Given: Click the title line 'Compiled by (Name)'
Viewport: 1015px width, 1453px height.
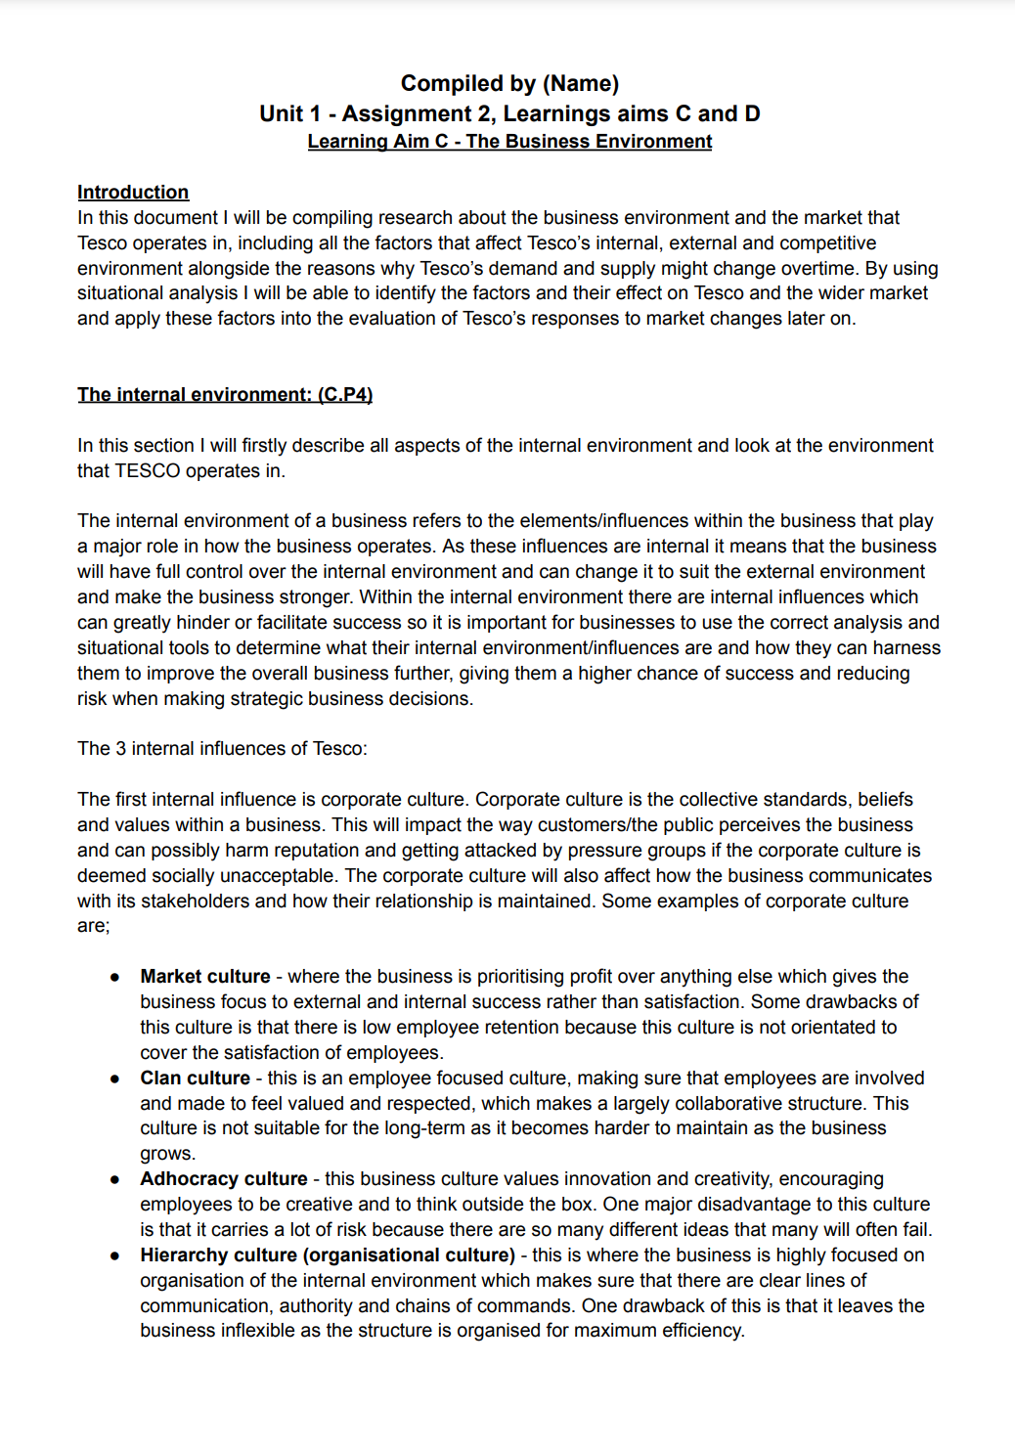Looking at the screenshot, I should [x=509, y=84].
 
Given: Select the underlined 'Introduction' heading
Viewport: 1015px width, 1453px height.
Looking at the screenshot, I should [x=133, y=193].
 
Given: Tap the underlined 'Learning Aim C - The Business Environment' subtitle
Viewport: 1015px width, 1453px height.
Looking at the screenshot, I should [x=509, y=142].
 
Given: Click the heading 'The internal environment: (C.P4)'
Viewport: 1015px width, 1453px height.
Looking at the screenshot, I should [x=225, y=395].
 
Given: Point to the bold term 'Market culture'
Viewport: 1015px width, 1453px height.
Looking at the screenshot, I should [x=205, y=977].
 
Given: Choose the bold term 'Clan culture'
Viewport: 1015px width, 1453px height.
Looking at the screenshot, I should [x=196, y=1079].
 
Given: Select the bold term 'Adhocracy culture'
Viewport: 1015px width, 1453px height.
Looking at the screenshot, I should [x=224, y=1179].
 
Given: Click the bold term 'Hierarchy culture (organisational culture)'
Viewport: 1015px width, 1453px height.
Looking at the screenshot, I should [x=328, y=1255].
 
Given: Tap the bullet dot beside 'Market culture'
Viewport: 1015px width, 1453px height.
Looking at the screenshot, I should [x=115, y=977].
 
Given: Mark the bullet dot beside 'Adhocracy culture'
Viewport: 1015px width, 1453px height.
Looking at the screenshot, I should [x=115, y=1180].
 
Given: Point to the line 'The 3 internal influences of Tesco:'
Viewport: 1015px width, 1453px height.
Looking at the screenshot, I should [x=222, y=749].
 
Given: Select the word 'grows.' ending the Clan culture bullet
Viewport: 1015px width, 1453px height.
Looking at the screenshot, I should [x=167, y=1154].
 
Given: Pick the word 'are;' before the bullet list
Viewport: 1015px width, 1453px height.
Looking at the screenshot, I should [x=94, y=926].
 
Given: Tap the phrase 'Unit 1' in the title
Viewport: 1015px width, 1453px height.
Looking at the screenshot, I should [x=289, y=114].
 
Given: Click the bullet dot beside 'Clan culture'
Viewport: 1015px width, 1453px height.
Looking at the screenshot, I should [x=115, y=1079].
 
